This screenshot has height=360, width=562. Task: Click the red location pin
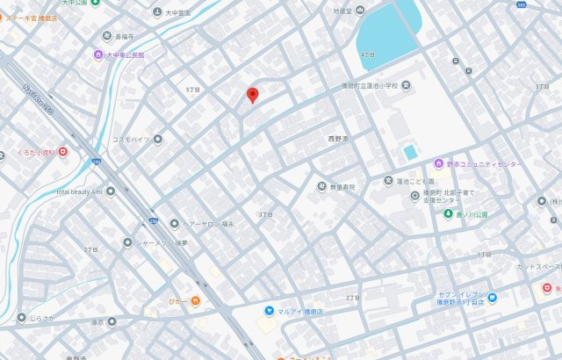[252, 95]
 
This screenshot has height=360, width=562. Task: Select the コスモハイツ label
[133, 139]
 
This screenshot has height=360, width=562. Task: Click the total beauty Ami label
[80, 191]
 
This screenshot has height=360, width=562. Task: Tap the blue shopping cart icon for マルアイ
[269, 311]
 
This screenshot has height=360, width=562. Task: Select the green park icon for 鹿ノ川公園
[449, 213]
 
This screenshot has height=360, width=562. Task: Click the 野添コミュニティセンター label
[484, 164]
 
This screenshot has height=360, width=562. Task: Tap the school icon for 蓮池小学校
[407, 86]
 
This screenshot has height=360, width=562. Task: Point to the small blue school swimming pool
[410, 152]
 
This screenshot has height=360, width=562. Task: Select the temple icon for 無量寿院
[321, 187]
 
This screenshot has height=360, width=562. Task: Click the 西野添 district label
[338, 139]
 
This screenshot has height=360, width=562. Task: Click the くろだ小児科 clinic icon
[63, 152]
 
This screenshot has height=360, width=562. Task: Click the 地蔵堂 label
[342, 11]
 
